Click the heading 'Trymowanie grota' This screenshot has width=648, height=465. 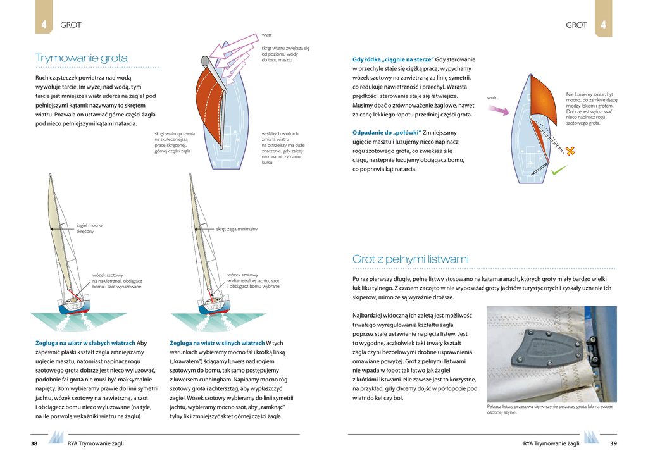82,58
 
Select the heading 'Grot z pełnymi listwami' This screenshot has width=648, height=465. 410,259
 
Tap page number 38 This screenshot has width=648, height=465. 34,443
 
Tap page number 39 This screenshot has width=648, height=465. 613,443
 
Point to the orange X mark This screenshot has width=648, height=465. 570,151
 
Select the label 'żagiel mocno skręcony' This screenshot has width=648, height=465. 89,228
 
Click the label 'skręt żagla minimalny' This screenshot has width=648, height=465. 237,229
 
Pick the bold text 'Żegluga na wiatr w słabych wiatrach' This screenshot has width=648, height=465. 85,343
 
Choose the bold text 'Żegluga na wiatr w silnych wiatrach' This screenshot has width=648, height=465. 217,343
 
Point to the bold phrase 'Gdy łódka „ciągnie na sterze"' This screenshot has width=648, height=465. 392,59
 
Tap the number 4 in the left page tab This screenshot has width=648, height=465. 44,25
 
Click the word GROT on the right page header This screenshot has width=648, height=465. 576,25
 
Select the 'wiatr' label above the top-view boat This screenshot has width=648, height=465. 267,35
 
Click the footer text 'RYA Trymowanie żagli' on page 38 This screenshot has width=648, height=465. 96,443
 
